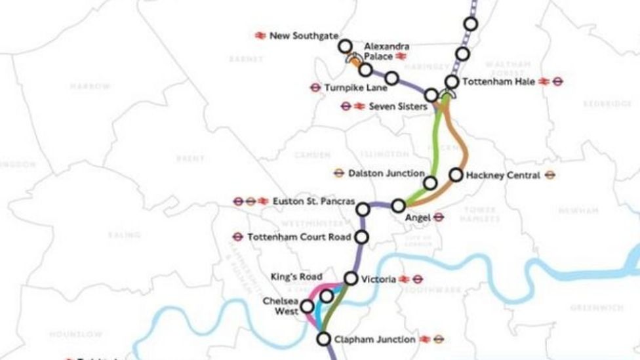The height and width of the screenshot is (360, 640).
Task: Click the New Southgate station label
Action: [x=298, y=35]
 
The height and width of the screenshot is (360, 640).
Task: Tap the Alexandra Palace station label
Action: [x=387, y=51]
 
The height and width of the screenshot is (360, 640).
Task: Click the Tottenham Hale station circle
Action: [x=452, y=82]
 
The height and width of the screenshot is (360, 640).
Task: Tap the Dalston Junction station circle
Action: [x=430, y=183]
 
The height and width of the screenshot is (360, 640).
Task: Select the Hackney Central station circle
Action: [x=456, y=175]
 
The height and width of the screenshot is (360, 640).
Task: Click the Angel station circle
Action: [x=398, y=206]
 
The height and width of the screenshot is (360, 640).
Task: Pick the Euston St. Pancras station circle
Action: [x=363, y=209]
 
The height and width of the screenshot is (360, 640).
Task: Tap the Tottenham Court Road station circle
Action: [x=361, y=237]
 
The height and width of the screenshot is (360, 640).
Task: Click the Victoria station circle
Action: [x=351, y=279]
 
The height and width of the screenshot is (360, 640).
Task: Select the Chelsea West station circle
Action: [x=306, y=306]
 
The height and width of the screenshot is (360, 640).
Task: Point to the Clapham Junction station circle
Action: [x=323, y=339]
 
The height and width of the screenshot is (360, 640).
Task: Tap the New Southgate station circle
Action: [x=345, y=46]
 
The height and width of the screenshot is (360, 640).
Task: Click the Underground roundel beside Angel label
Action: [x=439, y=217]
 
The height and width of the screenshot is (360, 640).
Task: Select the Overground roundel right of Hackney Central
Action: [x=550, y=176]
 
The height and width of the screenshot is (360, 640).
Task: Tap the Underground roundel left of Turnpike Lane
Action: [x=315, y=87]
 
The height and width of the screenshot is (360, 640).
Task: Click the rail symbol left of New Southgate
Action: [x=260, y=35]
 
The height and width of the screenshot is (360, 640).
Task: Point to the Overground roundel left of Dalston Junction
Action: [x=338, y=173]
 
